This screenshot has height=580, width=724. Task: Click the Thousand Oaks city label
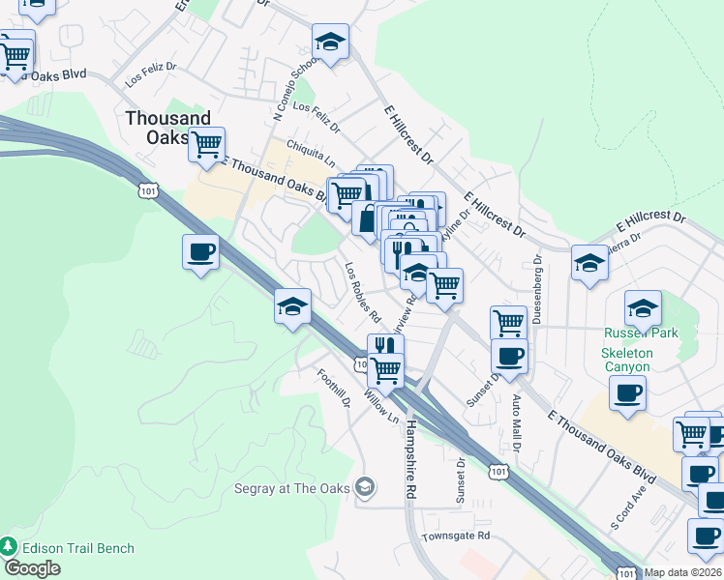pos(167,128)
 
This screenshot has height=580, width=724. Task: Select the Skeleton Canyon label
pos(626,361)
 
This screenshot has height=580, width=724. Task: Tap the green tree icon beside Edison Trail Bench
pos(10,548)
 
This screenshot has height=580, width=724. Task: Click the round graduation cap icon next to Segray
pos(364,487)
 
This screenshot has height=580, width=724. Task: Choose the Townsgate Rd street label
pos(456,536)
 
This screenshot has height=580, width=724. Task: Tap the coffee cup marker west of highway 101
pos(200,253)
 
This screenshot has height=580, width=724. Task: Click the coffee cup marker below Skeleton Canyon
pos(627,393)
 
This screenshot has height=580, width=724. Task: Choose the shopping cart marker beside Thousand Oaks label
pos(206,145)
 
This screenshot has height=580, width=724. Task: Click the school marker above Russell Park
pos(643,308)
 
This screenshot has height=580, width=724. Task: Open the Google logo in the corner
pos(32,568)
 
